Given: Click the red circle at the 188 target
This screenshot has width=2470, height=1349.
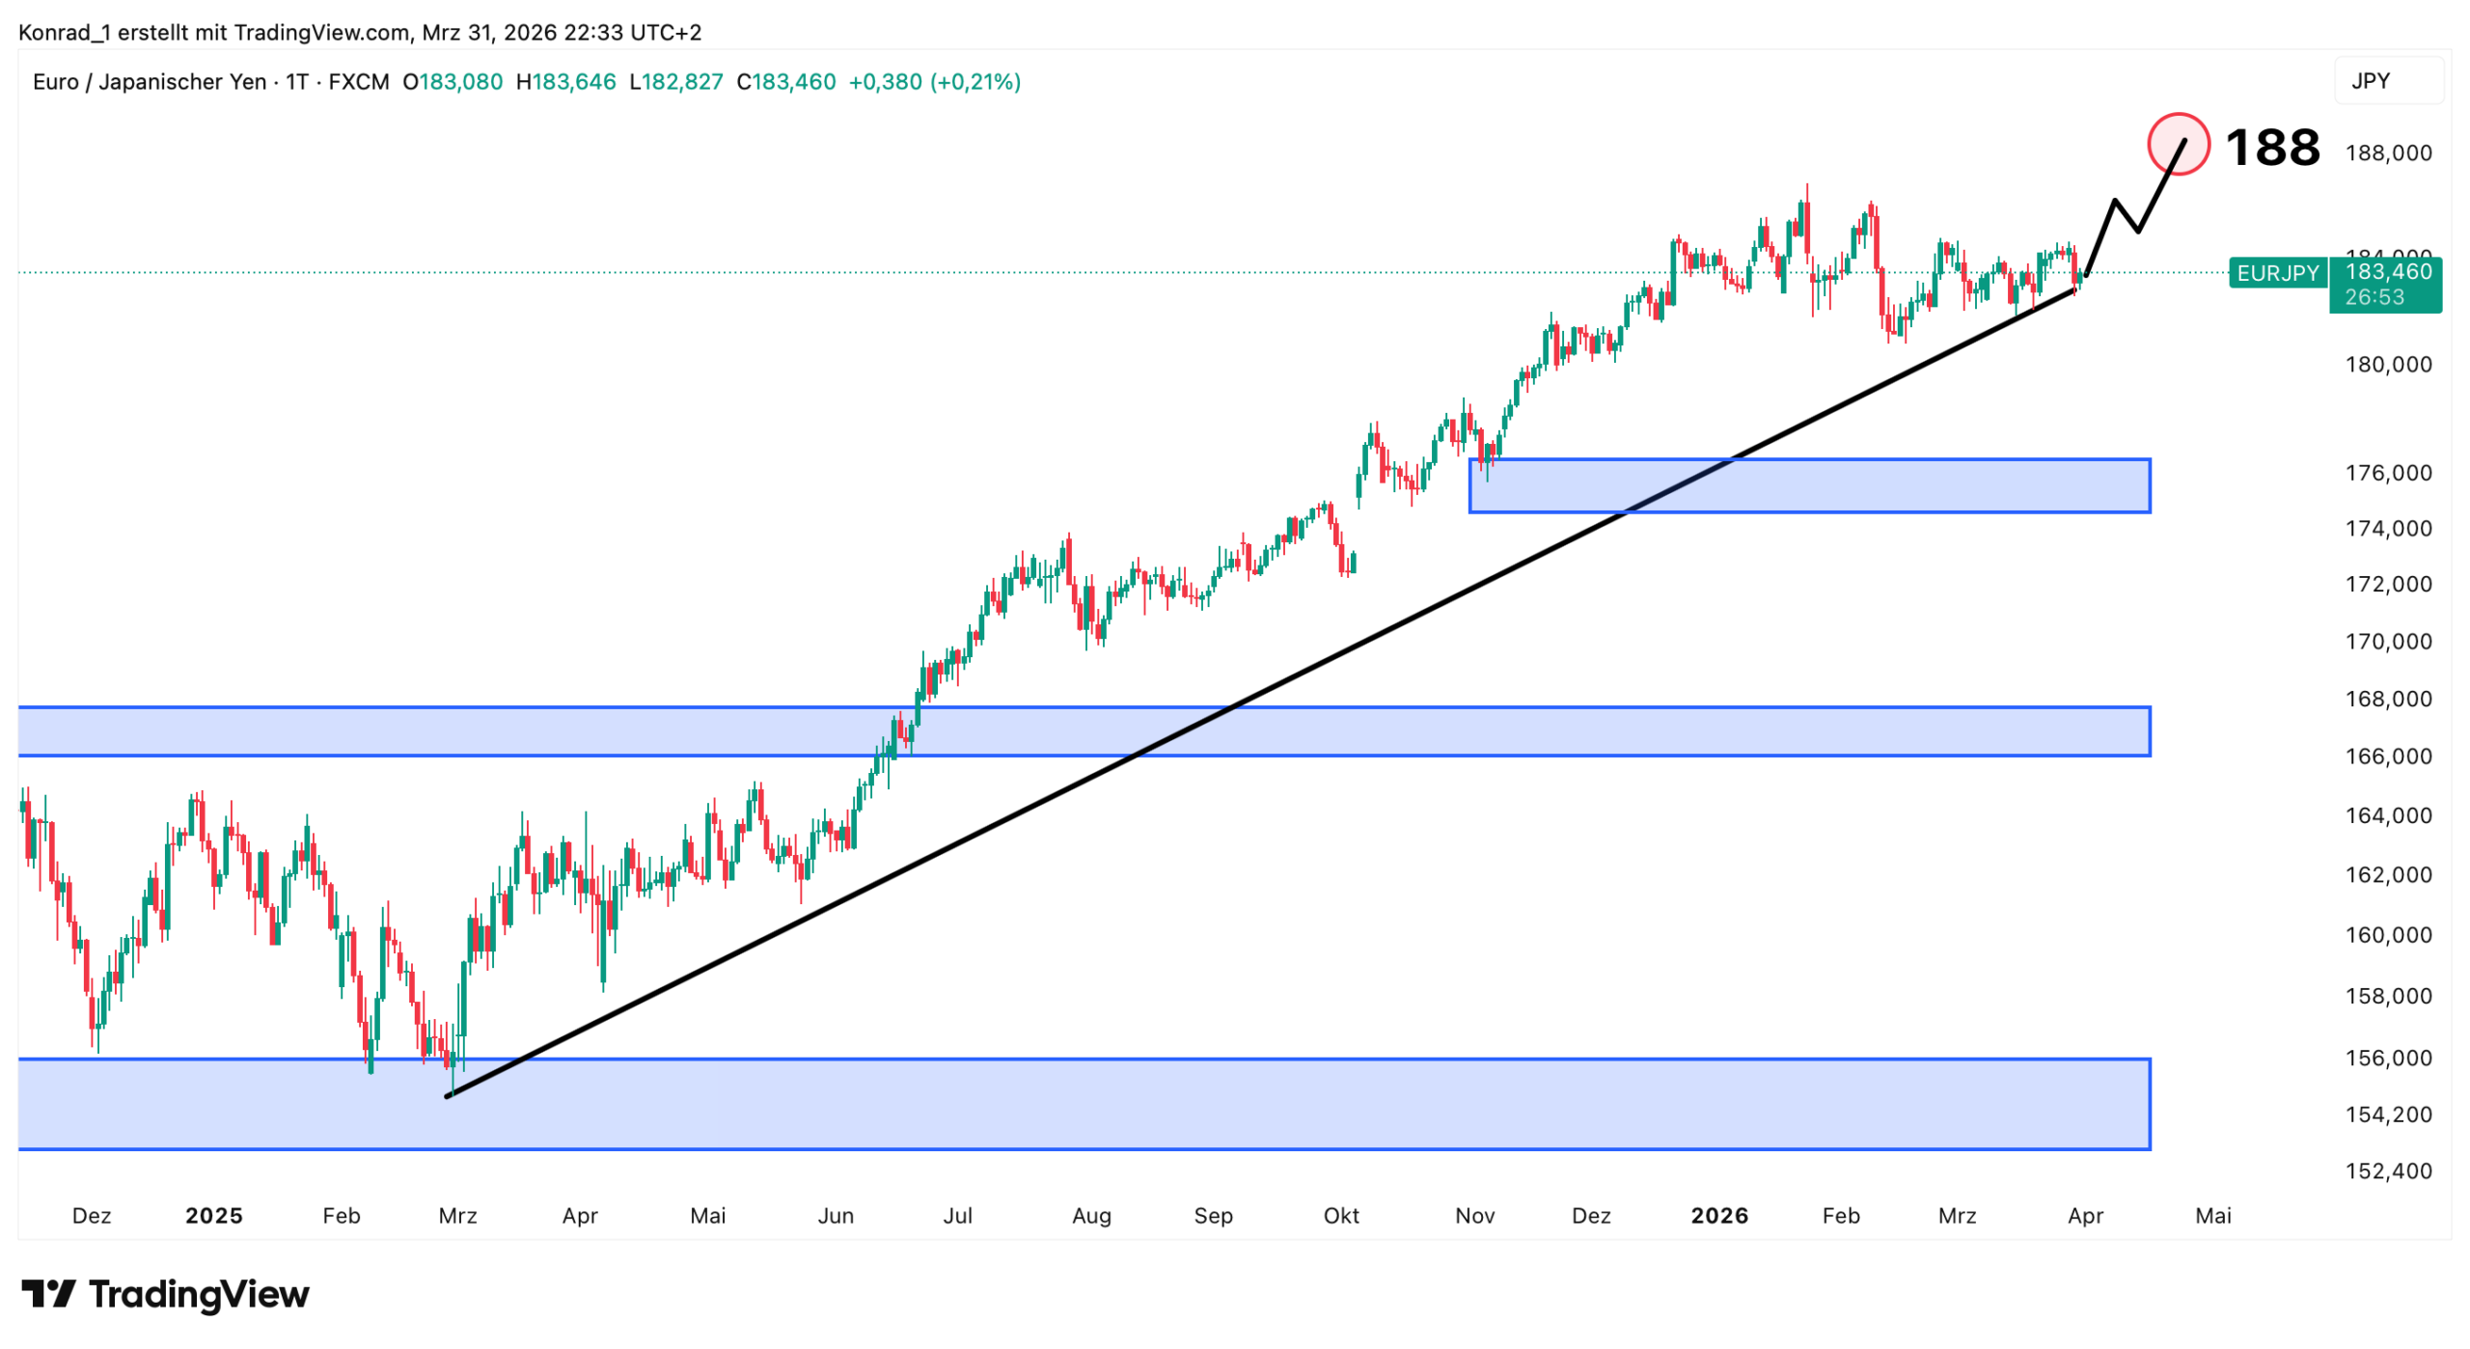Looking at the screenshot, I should pos(2177,144).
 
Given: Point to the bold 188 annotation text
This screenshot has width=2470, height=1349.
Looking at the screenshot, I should pos(2271,148).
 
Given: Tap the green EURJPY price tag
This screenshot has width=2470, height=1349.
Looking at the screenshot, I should pos(2276,273).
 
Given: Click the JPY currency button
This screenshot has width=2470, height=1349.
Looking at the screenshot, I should pos(2387,81).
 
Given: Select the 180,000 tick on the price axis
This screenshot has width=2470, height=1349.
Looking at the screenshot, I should pos(2388,365).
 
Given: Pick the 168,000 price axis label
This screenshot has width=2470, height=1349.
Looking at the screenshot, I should pos(2388,699).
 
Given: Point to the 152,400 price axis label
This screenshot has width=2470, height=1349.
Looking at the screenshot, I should pos(2388,1170).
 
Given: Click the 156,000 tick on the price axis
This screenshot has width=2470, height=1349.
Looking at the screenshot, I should pos(2388,1058).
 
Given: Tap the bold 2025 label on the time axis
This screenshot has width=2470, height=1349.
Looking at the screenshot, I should pos(214,1215).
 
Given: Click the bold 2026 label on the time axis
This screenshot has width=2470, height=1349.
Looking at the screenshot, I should pos(1718,1215).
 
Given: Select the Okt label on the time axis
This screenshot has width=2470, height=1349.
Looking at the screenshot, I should pos(1340,1215).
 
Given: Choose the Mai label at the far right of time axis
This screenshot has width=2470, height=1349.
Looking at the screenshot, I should pos(2212,1215).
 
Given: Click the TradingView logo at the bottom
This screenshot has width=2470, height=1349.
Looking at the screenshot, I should pos(165,1294).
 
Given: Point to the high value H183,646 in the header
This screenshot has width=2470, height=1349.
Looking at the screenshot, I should pos(565,82).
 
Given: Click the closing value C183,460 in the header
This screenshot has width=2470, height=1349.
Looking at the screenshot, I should pos(785,82).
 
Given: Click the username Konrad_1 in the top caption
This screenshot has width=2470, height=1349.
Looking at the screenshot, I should pos(65,33).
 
